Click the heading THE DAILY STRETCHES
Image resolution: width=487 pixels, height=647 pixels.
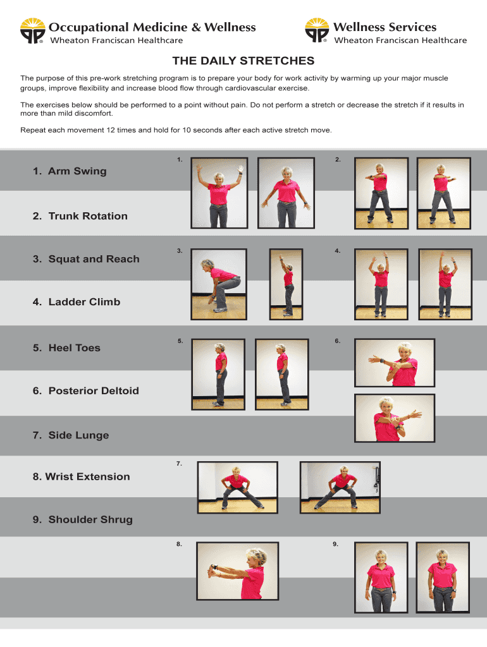pos(244,61)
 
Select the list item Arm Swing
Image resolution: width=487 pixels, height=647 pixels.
pos(70,171)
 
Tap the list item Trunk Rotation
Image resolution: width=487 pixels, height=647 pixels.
pos(80,216)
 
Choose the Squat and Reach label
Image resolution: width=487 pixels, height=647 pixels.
pos(86,259)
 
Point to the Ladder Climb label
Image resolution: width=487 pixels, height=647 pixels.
pos(77,302)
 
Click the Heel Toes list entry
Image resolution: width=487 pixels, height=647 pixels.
pos(66,348)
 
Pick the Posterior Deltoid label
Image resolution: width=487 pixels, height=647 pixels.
pos(86,391)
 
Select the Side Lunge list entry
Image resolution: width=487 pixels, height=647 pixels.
pos(71,435)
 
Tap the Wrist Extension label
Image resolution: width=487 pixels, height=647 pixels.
pos(82,477)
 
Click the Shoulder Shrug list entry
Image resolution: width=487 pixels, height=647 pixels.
pos(83,520)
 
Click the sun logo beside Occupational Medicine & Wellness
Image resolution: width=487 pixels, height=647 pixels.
pos(32,32)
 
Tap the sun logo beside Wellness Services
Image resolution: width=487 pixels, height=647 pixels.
pos(317,32)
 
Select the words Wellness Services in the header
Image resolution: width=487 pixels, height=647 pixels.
pos(385,27)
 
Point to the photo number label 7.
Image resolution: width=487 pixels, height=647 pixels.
pos(180,464)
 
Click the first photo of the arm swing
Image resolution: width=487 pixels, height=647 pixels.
pos(218,193)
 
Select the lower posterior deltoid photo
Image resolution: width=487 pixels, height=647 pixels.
pos(395,418)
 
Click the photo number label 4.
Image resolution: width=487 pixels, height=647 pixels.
pos(338,251)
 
